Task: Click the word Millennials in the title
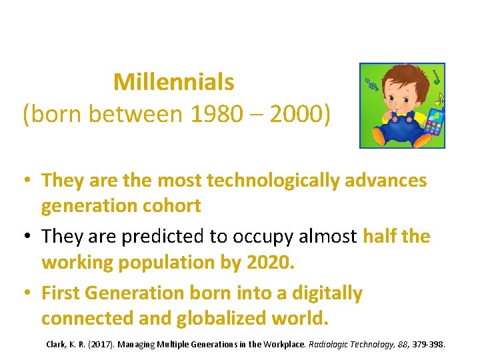[173, 82]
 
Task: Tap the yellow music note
[440, 100]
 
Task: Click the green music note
[435, 76]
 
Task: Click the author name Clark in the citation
[56, 344]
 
